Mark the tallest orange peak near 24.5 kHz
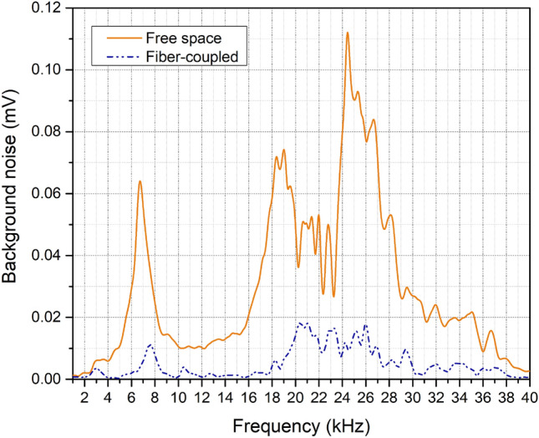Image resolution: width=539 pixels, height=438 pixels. coord(347,33)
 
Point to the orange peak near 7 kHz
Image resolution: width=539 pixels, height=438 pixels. coord(140,181)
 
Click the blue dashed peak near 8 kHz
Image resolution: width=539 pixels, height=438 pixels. coord(150,344)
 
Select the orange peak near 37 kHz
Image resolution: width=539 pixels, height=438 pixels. coord(491,331)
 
